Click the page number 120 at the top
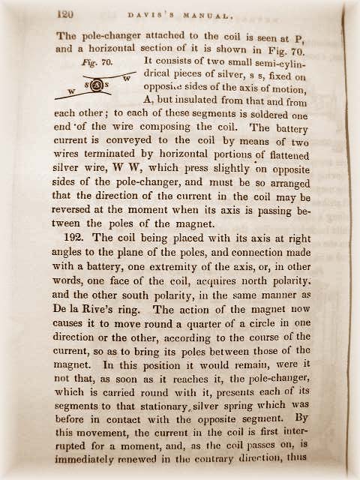[66, 13]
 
